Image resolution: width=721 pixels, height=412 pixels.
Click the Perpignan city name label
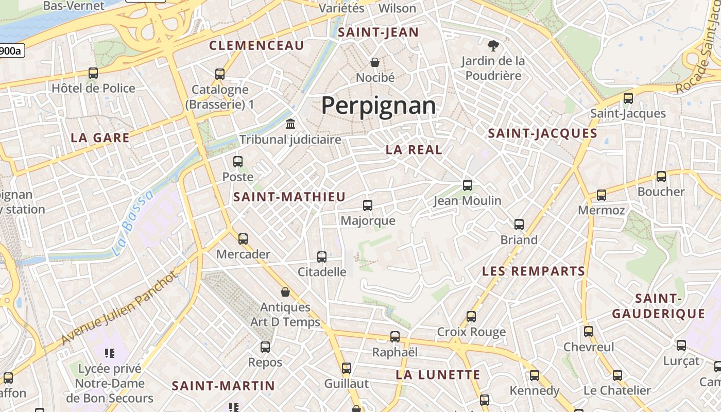pyautogui.click(x=379, y=106)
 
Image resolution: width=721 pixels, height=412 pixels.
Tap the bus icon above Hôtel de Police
pyautogui.click(x=93, y=73)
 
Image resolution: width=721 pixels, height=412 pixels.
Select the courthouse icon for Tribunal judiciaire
pyautogui.click(x=290, y=124)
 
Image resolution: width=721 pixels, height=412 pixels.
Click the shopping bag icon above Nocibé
pyautogui.click(x=375, y=62)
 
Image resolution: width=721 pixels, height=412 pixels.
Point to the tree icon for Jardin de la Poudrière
pyautogui.click(x=493, y=46)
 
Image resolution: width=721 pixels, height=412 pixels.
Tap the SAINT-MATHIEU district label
pyautogui.click(x=289, y=197)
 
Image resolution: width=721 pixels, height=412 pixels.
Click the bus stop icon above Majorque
pyautogui.click(x=368, y=205)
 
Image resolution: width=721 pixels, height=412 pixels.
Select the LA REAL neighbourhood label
pyautogui.click(x=414, y=150)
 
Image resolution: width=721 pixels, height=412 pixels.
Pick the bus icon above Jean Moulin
pyautogui.click(x=468, y=185)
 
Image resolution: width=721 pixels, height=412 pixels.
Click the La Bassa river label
pyautogui.click(x=133, y=224)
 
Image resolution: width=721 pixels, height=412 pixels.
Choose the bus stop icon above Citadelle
pyautogui.click(x=322, y=256)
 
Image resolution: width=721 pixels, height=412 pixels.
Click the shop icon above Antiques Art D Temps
pyautogui.click(x=285, y=293)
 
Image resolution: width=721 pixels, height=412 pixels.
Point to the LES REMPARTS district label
pyautogui.click(x=534, y=271)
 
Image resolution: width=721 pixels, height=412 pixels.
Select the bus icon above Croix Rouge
pyautogui.click(x=471, y=317)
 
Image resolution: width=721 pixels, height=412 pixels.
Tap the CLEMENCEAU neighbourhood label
pyautogui.click(x=256, y=45)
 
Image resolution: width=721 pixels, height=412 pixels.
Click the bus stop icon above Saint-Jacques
pyautogui.click(x=628, y=98)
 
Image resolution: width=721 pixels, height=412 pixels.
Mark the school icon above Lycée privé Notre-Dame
pyautogui.click(x=110, y=353)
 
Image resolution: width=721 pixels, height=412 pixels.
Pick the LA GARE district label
pyautogui.click(x=100, y=138)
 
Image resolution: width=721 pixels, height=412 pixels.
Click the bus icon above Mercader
pyautogui.click(x=243, y=239)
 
